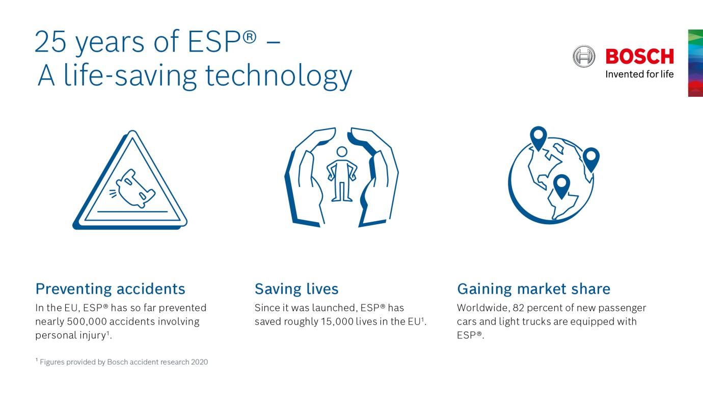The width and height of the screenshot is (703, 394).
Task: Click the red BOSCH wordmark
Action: click(x=639, y=56)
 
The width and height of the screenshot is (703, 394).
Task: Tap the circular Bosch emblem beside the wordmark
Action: click(x=584, y=56)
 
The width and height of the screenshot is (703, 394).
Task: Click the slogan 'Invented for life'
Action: click(x=639, y=74)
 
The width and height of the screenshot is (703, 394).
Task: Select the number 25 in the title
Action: click(x=51, y=43)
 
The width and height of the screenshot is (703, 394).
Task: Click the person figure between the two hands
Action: click(x=342, y=176)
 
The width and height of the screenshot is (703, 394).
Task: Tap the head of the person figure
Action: click(x=342, y=152)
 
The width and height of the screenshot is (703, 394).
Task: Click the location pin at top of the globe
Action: click(x=538, y=137)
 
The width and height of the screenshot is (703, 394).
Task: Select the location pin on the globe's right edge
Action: click(x=591, y=158)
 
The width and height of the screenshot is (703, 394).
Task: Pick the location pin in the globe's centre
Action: click(x=561, y=185)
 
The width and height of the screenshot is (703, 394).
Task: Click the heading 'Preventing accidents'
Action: click(x=110, y=289)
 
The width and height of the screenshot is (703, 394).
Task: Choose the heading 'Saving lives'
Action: click(x=296, y=289)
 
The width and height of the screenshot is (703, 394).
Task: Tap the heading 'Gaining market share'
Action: click(x=533, y=289)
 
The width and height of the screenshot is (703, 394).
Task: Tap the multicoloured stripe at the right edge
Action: click(x=695, y=63)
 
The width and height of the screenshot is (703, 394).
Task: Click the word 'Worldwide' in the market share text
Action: click(x=479, y=308)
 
